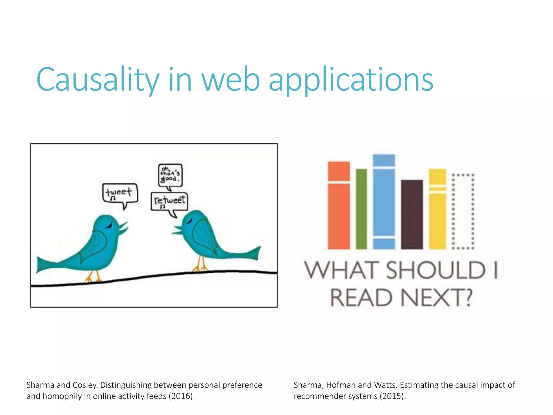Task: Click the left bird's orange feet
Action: tap(93, 277)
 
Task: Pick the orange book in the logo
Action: tap(339, 205)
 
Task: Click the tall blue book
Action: tap(384, 201)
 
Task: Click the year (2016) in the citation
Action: tap(181, 396)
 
